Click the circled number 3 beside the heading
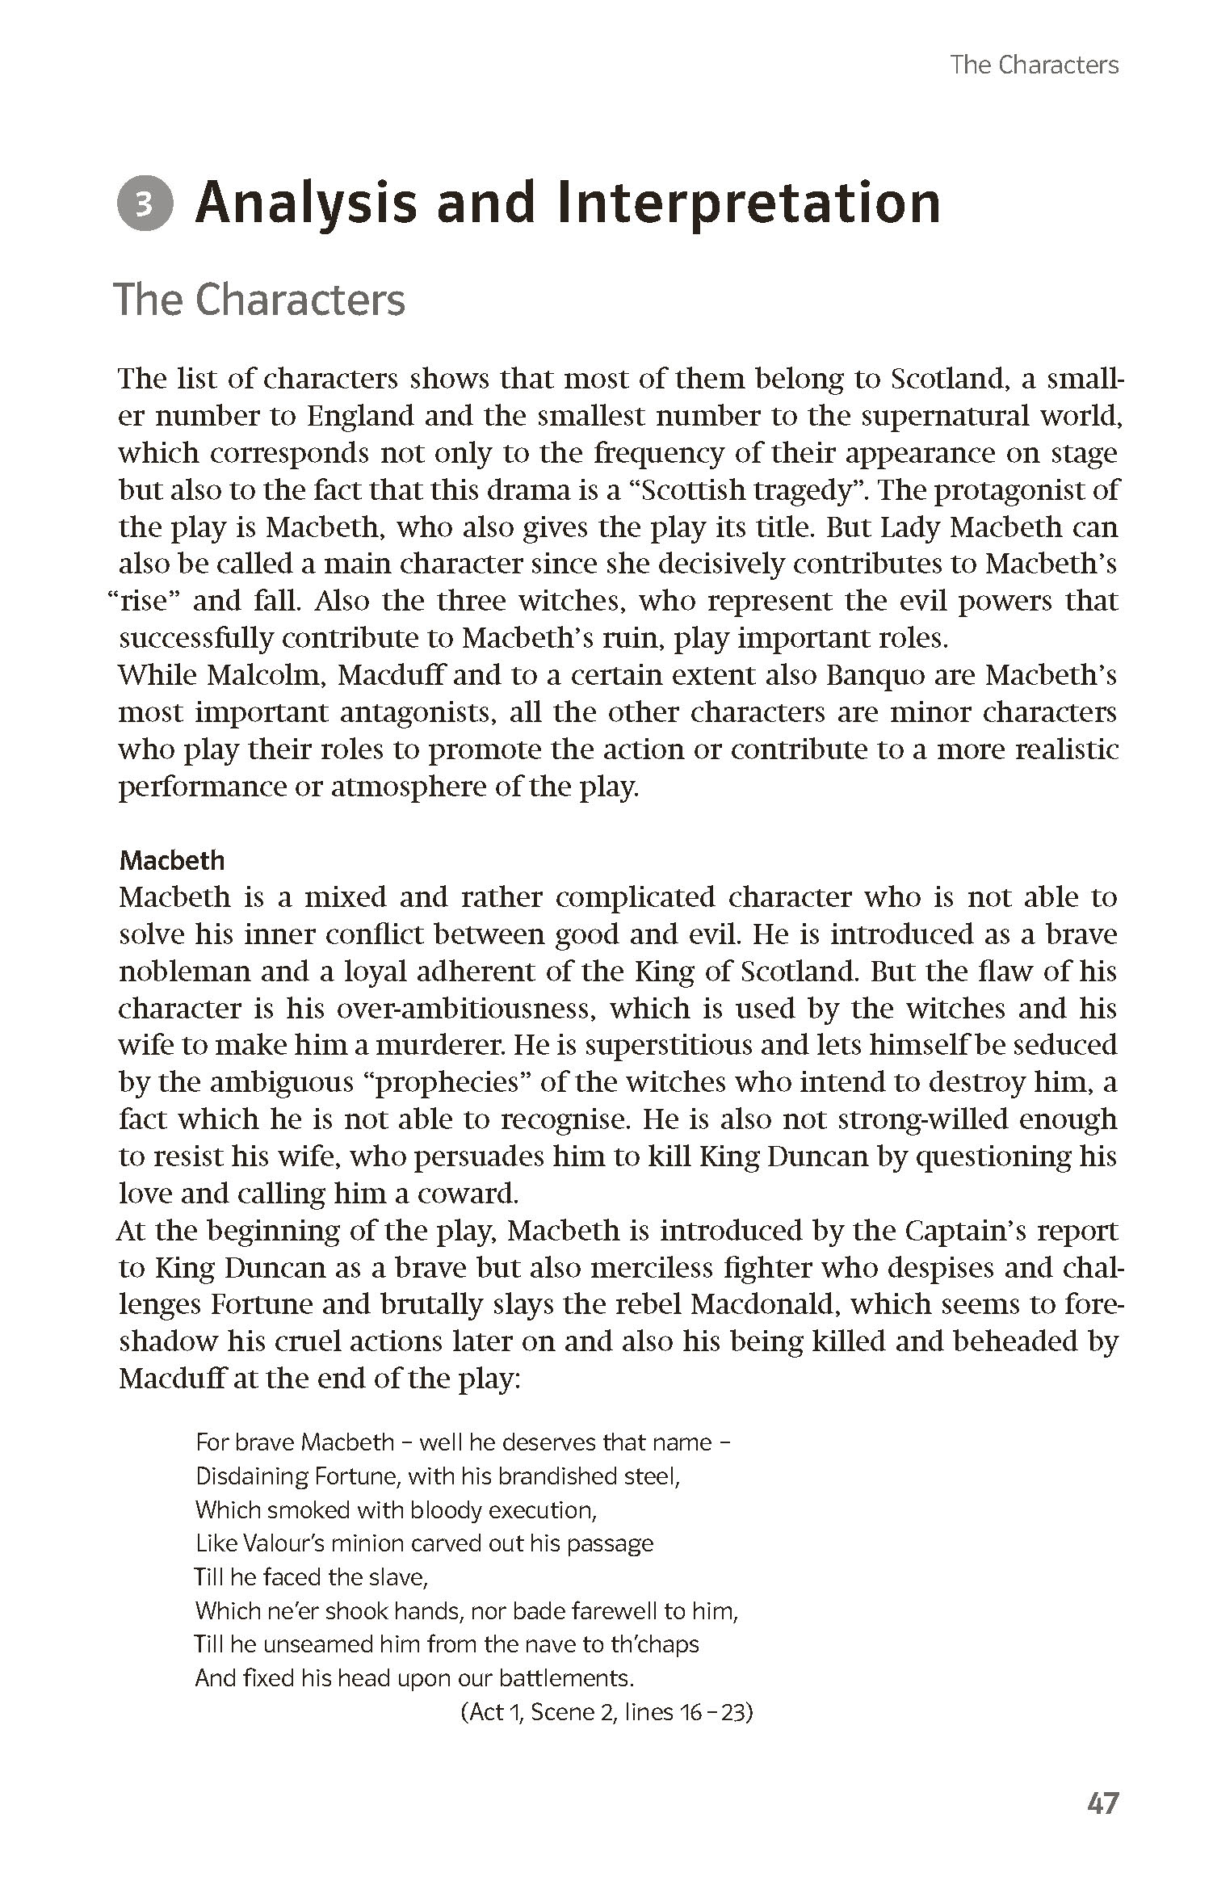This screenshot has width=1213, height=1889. [x=145, y=204]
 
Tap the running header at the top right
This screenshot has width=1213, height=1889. [x=1034, y=65]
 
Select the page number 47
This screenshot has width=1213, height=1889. [x=1102, y=1803]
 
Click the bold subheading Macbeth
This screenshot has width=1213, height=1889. [x=172, y=860]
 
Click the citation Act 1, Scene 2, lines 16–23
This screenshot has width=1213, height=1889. [x=606, y=1712]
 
